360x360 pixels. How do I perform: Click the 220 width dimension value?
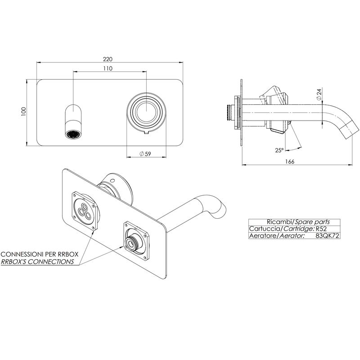[x=108, y=59]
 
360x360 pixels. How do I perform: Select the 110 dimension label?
[x=108, y=68]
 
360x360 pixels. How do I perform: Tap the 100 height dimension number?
[x=24, y=112]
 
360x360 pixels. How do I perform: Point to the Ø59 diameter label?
[x=145, y=153]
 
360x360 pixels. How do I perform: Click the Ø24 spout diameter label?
[x=319, y=94]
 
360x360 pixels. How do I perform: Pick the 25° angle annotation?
[x=279, y=150]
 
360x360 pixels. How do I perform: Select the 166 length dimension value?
[x=290, y=162]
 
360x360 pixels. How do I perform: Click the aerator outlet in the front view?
[x=73, y=134]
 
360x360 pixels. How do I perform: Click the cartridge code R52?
[x=321, y=229]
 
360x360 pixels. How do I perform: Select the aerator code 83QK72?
[x=328, y=236]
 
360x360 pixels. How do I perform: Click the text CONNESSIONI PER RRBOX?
[x=40, y=254]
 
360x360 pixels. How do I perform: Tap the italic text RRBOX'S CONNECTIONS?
[x=37, y=261]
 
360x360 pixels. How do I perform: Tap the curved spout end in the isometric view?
[x=220, y=209]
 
